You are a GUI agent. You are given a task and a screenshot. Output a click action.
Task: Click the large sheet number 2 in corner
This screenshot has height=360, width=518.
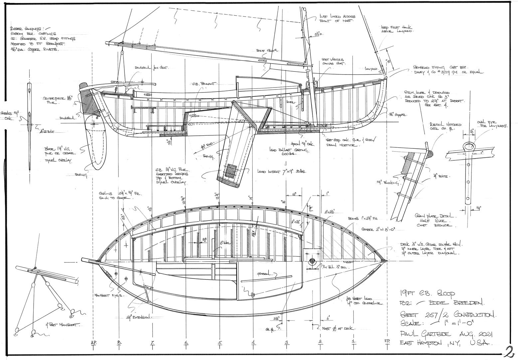509,351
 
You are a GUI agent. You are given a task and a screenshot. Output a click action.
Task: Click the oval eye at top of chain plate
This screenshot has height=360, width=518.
468,146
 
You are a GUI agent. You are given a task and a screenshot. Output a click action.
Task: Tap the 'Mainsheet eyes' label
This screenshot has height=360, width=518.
109,295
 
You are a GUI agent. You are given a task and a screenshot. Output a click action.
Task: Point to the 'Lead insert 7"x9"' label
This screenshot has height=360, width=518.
281,172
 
